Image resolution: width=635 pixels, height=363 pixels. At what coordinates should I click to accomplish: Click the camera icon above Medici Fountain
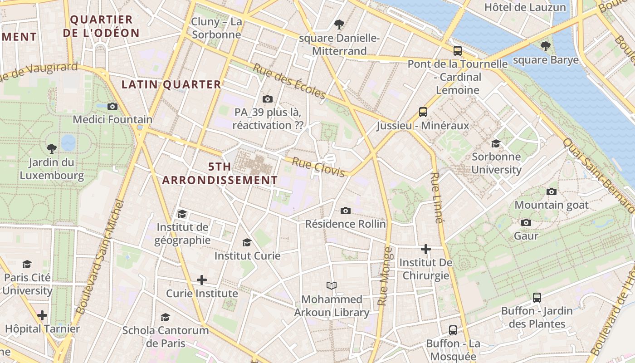click(112, 106)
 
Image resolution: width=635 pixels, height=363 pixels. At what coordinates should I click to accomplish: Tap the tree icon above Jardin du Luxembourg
click(52, 148)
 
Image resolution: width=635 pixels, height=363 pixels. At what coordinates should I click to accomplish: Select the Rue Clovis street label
click(322, 167)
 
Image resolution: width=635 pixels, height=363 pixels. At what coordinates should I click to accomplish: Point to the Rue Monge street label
click(385, 276)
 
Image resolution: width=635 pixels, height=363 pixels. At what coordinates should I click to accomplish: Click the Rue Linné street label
click(436, 198)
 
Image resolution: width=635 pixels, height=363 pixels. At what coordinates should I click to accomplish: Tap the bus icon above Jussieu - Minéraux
click(423, 112)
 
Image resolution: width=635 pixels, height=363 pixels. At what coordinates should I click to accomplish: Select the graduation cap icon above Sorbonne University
click(496, 143)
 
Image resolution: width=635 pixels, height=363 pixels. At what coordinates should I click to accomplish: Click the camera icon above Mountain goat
click(552, 191)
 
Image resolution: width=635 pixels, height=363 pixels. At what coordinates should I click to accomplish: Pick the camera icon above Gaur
click(526, 222)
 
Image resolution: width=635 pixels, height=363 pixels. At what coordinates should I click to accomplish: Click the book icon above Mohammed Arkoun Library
click(332, 285)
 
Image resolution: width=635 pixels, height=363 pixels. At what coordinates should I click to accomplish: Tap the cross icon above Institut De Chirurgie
click(426, 249)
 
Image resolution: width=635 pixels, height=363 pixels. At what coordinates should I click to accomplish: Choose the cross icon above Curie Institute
click(202, 280)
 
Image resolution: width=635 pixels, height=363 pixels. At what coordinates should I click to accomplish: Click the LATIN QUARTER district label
click(171, 84)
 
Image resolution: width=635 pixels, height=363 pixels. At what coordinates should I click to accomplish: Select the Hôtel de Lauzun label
click(525, 7)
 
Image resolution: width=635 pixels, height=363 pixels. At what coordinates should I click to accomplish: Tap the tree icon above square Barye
click(546, 46)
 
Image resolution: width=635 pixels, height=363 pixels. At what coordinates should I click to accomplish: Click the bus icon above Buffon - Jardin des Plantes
click(537, 298)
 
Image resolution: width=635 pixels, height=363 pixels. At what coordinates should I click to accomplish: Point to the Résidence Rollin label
click(346, 224)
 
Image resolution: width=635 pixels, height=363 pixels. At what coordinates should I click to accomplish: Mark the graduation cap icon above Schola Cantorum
click(166, 317)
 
